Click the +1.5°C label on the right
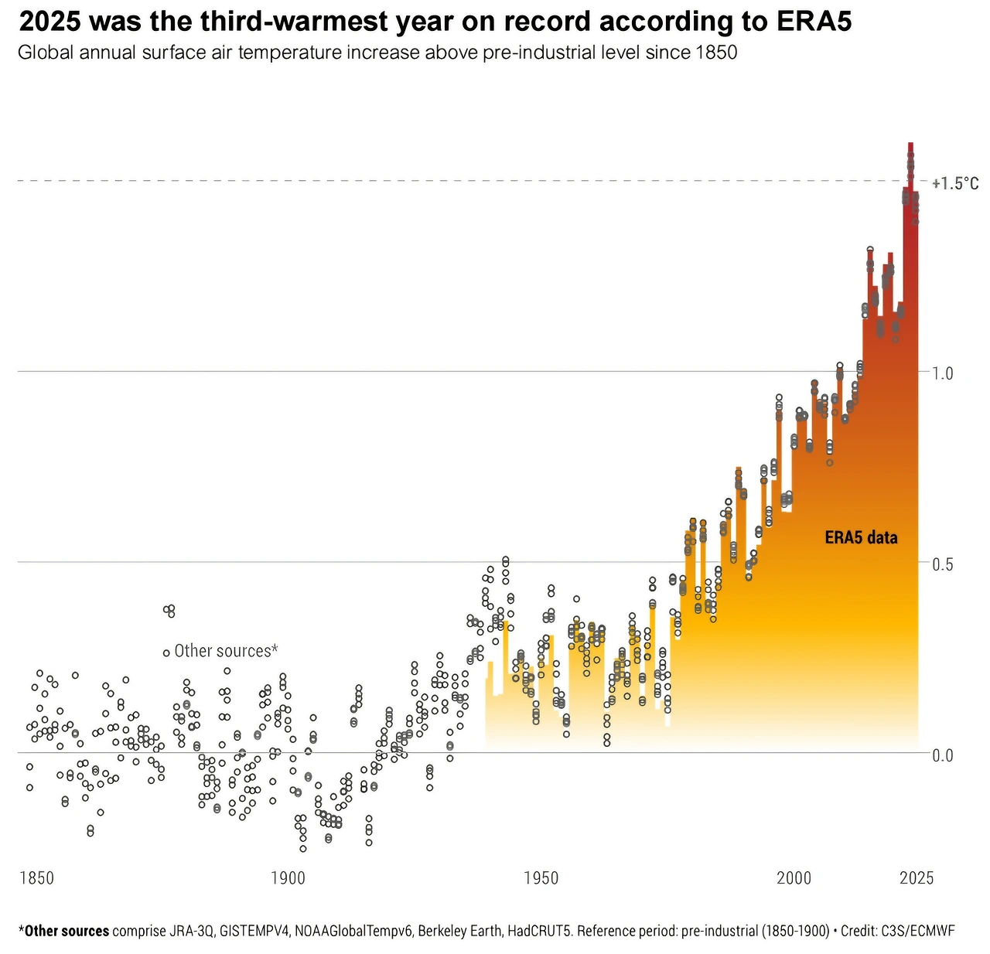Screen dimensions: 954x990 click(955, 183)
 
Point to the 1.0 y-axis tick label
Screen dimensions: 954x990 click(943, 373)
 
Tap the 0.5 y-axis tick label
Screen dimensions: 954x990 click(943, 564)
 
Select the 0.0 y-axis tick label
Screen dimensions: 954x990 click(943, 755)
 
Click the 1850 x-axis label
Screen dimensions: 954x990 click(36, 878)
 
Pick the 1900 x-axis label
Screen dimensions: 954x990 click(288, 878)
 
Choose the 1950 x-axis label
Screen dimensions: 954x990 click(541, 878)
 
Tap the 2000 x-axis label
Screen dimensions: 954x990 click(794, 878)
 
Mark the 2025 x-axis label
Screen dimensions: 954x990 click(917, 878)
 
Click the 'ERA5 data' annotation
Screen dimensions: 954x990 click(861, 538)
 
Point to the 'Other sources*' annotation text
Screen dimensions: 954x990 click(226, 651)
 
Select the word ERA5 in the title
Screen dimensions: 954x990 click(814, 22)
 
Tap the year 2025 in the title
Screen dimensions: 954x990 click(49, 22)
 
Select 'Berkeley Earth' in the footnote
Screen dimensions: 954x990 click(460, 931)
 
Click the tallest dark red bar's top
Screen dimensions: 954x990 click(910, 144)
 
